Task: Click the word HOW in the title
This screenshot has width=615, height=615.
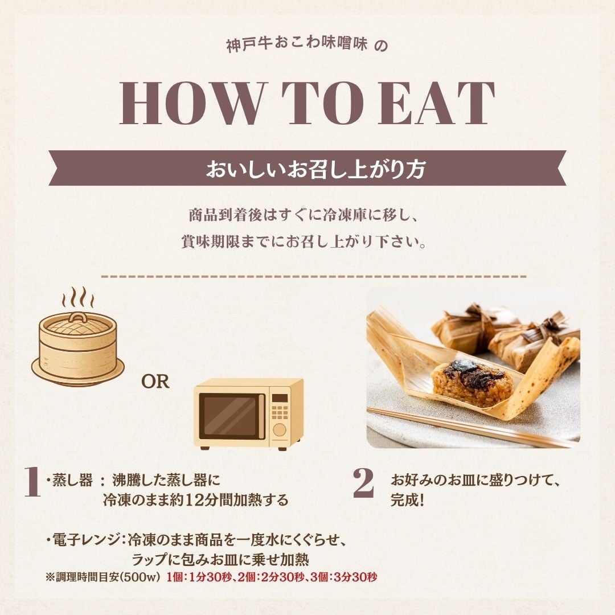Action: [x=191, y=104]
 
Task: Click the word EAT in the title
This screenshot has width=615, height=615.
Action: [x=436, y=104]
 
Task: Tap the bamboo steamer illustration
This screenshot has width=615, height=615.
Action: [x=78, y=347]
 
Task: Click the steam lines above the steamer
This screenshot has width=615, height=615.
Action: [x=77, y=298]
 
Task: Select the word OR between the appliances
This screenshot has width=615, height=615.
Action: [x=155, y=382]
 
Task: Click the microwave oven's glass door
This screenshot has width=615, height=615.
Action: [x=230, y=416]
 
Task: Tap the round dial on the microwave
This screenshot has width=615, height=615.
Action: [x=279, y=430]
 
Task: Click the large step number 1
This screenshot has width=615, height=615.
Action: [x=33, y=482]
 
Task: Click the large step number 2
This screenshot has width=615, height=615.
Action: [x=363, y=483]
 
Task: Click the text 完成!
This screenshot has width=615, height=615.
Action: [x=407, y=501]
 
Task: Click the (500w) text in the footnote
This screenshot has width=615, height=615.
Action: [x=141, y=578]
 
